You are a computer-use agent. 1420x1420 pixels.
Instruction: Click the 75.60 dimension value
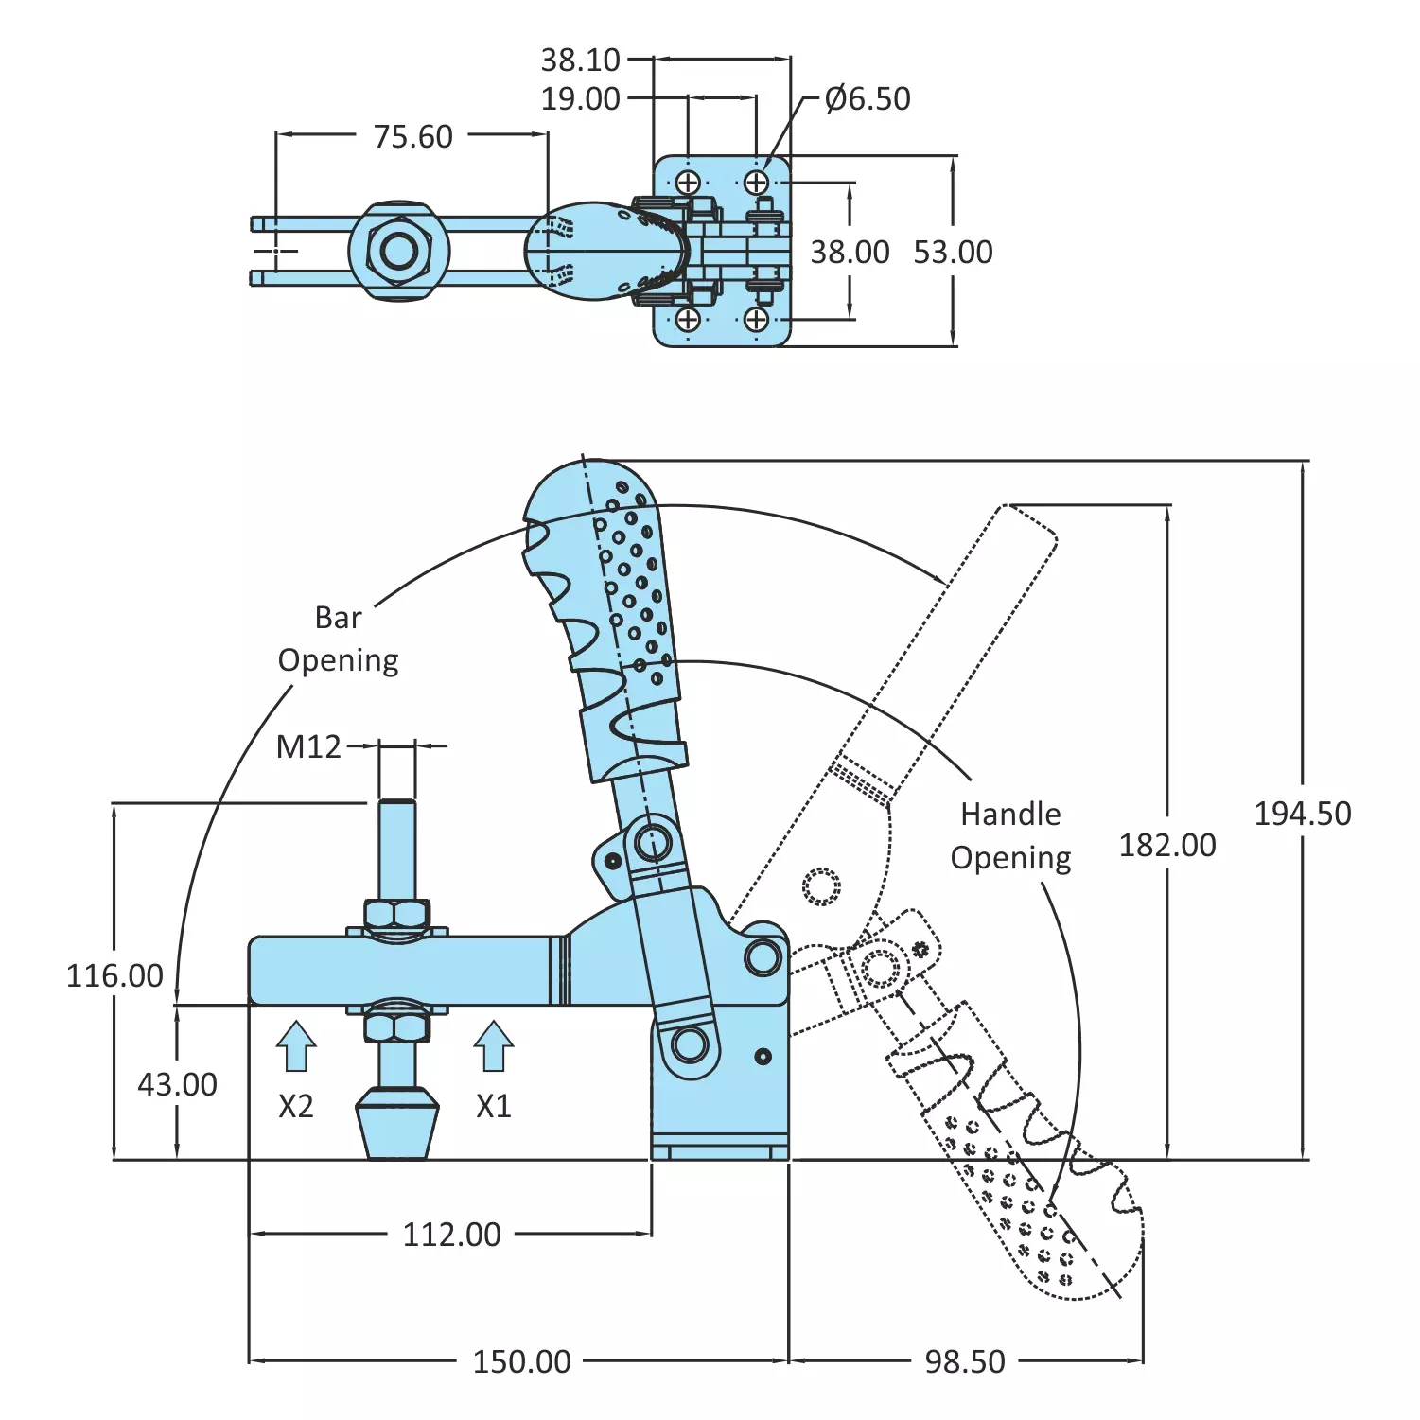[x=412, y=137]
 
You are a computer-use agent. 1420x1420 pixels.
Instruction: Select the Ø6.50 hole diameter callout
[x=867, y=99]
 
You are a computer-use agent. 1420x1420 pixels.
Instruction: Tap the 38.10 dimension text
[x=580, y=61]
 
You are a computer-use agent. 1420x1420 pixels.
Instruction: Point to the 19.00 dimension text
[x=580, y=99]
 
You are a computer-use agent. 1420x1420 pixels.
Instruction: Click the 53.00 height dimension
[x=953, y=253]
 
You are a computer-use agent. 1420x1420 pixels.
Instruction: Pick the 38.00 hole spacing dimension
[x=850, y=253]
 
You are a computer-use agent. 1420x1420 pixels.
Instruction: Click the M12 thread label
[x=308, y=747]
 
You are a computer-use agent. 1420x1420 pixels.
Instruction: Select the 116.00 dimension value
[x=114, y=975]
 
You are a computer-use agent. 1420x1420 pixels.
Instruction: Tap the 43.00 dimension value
[x=177, y=1084]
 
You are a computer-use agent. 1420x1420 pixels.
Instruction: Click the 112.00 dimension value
[x=451, y=1235]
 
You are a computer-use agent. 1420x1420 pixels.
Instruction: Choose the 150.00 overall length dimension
[x=521, y=1361]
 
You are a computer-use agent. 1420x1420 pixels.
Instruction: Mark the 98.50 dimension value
[x=964, y=1361]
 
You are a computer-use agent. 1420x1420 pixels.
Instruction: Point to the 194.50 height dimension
[x=1302, y=814]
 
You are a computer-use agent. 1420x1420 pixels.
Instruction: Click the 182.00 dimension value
[x=1167, y=846]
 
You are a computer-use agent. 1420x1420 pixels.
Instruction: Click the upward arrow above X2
[x=296, y=1046]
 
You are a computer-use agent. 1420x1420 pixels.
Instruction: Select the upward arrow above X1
[x=493, y=1046]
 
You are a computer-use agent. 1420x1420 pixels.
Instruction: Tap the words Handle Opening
[x=1010, y=836]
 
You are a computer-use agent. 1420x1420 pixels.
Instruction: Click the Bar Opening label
[x=338, y=640]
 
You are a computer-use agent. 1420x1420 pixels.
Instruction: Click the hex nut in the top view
[x=399, y=252]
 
